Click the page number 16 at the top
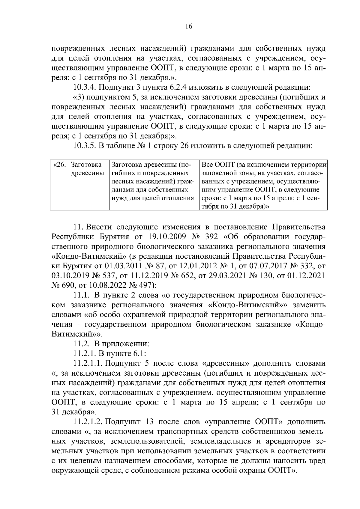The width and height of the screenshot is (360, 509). [188, 26]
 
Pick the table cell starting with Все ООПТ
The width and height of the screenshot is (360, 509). [263, 186]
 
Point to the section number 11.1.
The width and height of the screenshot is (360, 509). [82, 295]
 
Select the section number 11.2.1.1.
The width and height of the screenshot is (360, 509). [88, 363]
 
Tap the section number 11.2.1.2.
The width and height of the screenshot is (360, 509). [88, 422]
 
